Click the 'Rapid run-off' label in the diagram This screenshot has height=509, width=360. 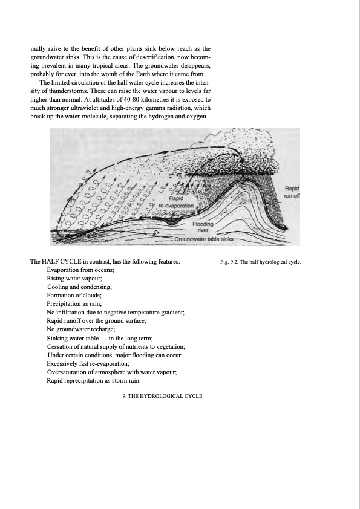coord(292,192)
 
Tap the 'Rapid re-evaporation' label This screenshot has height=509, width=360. coord(175,202)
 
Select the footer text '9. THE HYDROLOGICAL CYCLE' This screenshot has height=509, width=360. coord(158,396)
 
